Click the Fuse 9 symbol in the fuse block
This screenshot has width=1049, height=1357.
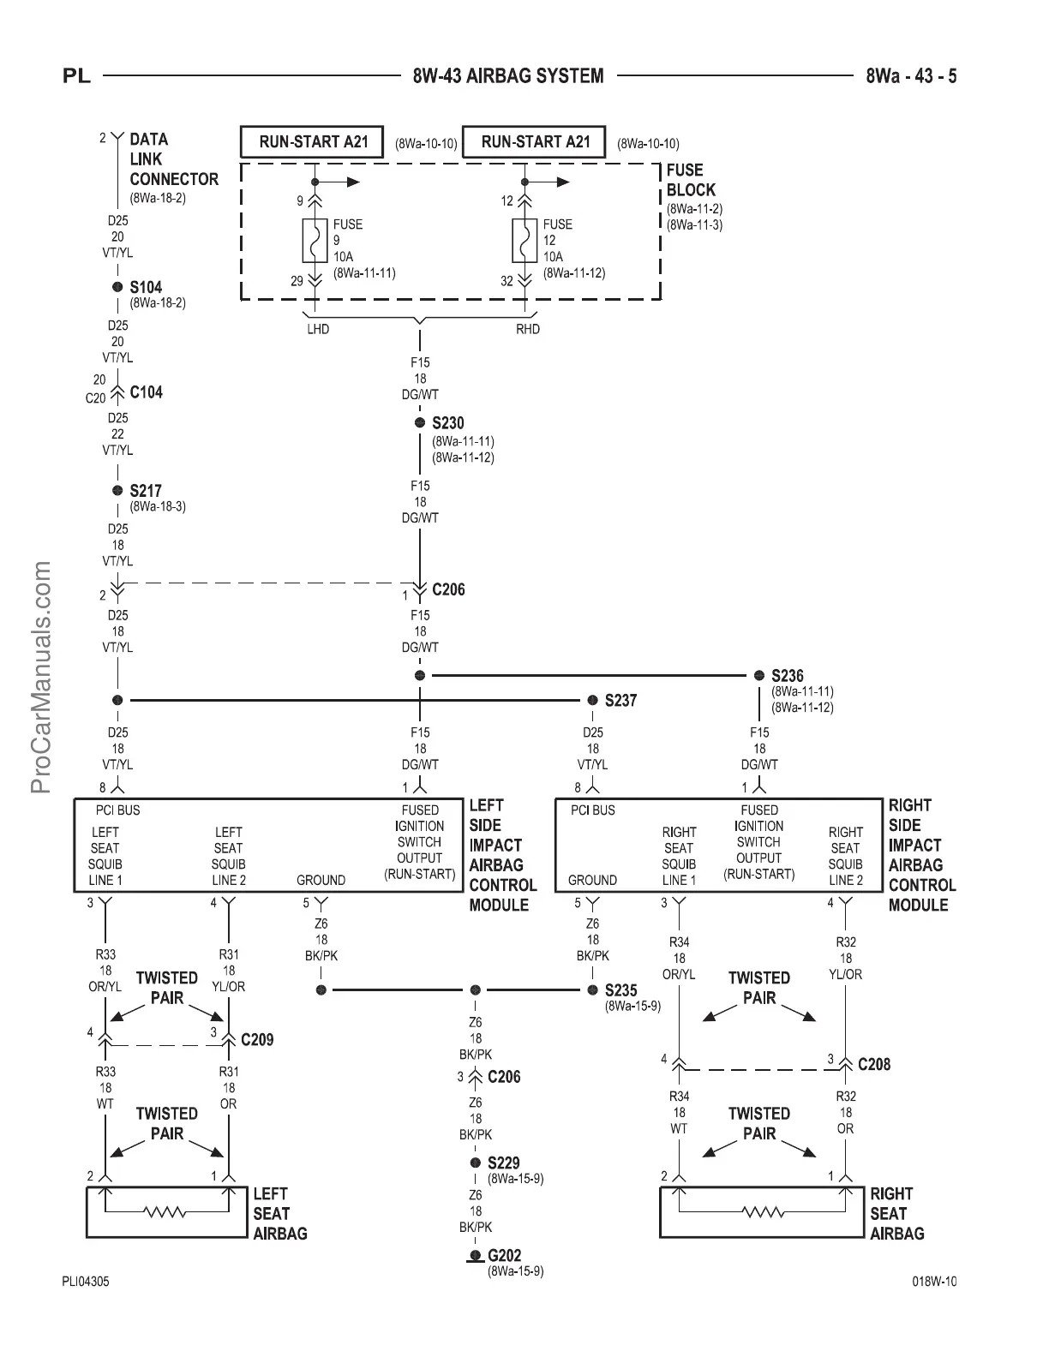[315, 241]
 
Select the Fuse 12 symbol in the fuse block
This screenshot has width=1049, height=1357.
[524, 241]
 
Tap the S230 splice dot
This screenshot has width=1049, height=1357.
[420, 423]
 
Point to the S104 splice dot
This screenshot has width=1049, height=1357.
[117, 287]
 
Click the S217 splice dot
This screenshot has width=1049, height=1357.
[117, 491]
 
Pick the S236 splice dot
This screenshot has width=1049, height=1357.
[758, 676]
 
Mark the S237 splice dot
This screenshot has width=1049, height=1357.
[592, 701]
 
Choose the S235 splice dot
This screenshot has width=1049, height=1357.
[592, 990]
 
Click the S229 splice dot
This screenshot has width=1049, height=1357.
[476, 1163]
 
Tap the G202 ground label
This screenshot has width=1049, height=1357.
[505, 1256]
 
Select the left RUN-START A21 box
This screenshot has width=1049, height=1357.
[314, 142]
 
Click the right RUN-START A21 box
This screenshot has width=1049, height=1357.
[535, 142]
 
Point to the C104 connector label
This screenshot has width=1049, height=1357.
[146, 392]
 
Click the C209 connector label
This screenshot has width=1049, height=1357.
[257, 1040]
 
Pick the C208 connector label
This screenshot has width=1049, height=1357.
[874, 1064]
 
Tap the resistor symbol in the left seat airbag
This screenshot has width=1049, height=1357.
[166, 1212]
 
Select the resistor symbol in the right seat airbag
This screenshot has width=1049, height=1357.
[763, 1212]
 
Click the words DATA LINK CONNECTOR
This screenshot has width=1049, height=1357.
[173, 159]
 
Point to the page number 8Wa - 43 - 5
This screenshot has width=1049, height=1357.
[910, 76]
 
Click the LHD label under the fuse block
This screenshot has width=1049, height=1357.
[318, 329]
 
